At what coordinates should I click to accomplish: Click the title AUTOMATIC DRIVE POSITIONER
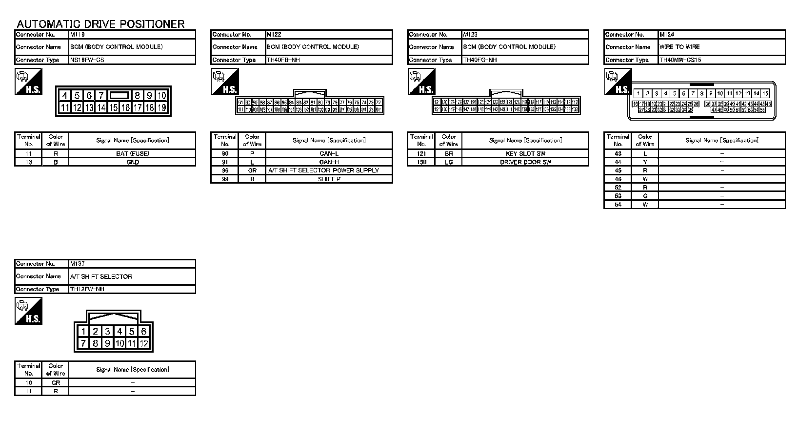[100, 24]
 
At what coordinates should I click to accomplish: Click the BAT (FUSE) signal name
[132, 153]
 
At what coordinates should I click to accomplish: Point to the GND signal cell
[132, 162]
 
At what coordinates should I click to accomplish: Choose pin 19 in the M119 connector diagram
[161, 107]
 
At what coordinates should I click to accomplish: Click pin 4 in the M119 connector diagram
[65, 96]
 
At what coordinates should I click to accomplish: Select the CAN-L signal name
[329, 153]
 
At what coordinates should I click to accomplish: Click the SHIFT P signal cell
[329, 179]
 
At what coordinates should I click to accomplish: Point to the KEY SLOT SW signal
[525, 153]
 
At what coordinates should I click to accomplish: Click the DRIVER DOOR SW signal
[525, 162]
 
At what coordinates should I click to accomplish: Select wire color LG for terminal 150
[449, 162]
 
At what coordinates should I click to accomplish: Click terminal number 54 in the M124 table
[618, 205]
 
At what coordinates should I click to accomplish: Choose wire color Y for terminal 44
[645, 162]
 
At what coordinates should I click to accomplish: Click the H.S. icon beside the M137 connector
[29, 311]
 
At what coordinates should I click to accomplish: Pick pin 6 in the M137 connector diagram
[143, 332]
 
